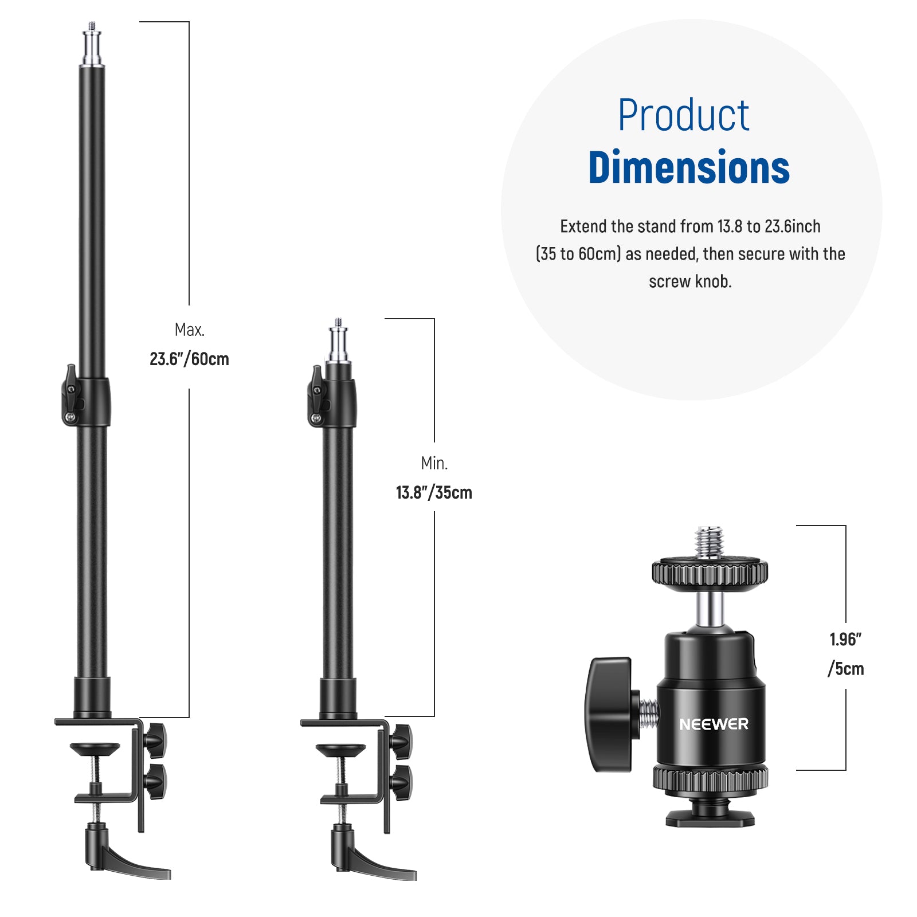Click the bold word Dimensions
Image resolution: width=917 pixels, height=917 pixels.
pos(689,167)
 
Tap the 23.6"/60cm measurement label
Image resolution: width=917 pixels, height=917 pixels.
pos(189,359)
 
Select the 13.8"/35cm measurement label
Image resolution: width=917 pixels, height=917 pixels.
pos(434,493)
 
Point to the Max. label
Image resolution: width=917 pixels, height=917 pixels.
pos(190,330)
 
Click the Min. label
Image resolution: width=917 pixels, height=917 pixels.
pos(434,463)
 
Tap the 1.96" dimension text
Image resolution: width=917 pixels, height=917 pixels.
pos(846,639)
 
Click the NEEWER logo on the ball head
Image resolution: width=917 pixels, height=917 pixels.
pos(714,724)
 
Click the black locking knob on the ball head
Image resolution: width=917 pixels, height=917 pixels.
pos(609,714)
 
